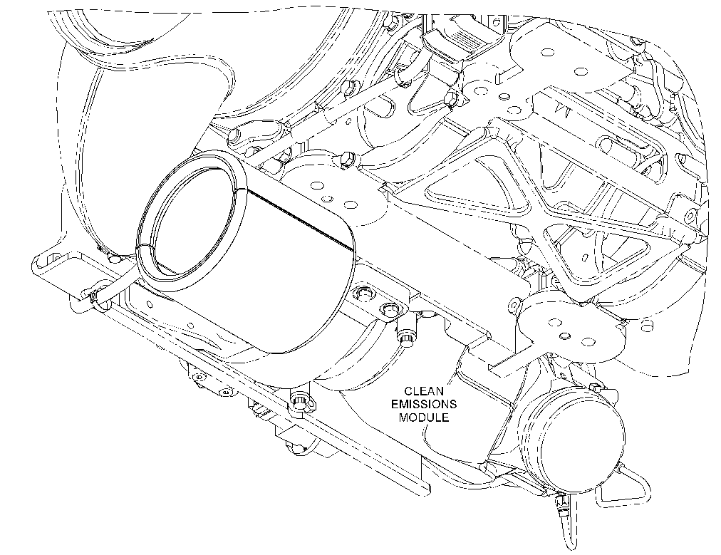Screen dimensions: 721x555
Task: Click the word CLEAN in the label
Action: [x=417, y=391]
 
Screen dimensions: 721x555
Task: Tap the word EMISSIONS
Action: [x=423, y=404]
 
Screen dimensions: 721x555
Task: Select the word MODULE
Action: [x=423, y=417]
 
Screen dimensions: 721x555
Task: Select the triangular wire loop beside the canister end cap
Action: [x=626, y=487]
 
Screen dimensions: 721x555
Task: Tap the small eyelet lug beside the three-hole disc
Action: [x=514, y=305]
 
